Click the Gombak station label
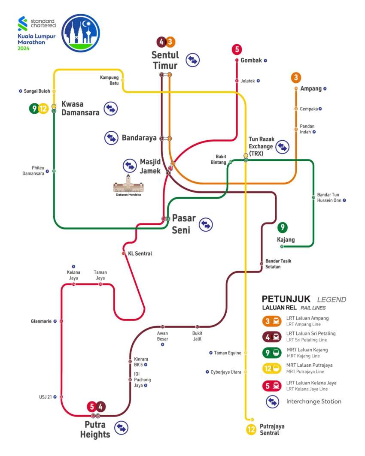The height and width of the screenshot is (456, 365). [251, 60]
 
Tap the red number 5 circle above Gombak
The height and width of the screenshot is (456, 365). [237, 49]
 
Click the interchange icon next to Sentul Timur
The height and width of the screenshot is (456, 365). [193, 60]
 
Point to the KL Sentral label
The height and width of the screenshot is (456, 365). [140, 254]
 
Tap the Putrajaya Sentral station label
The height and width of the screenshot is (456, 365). [272, 429]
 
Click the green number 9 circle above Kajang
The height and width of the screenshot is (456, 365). [282, 228]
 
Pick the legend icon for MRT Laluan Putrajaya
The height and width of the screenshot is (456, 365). [272, 368]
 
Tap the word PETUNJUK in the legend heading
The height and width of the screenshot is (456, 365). [286, 299]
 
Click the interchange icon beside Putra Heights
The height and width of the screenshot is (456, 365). [122, 428]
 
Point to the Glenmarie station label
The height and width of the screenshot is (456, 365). [41, 321]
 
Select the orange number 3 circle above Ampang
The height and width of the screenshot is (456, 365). [296, 78]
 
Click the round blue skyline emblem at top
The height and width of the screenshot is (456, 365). [81, 33]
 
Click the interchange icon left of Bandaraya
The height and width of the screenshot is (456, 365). [111, 138]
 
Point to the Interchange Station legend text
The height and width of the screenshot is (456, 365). [313, 402]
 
